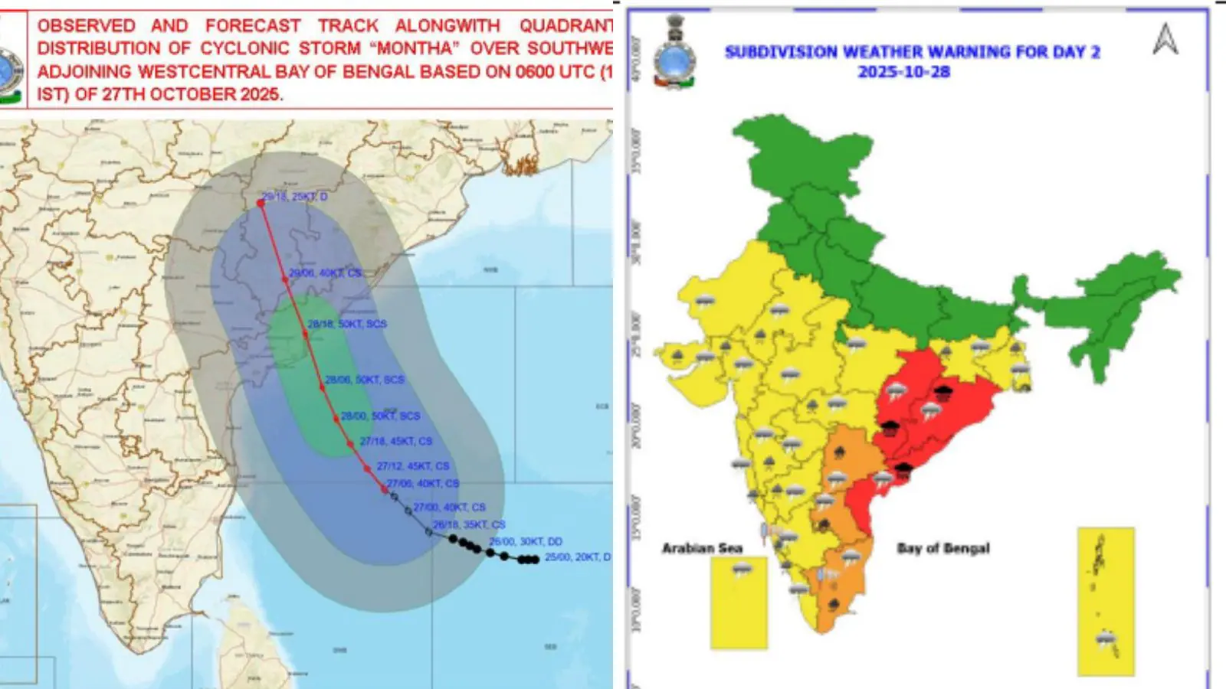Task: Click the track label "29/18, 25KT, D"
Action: click(x=295, y=197)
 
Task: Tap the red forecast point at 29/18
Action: click(x=261, y=203)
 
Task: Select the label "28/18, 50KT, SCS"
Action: click(x=347, y=324)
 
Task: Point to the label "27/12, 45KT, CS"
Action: click(x=413, y=465)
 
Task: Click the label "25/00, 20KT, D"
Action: click(x=578, y=557)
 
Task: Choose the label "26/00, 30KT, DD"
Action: click(x=526, y=541)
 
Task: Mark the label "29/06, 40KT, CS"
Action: click(x=325, y=273)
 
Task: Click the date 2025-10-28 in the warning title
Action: click(x=904, y=72)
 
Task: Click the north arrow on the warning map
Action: click(x=1165, y=39)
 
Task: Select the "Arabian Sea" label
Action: click(x=702, y=548)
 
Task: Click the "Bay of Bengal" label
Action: click(x=943, y=548)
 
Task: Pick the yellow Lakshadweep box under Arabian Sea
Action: click(x=739, y=603)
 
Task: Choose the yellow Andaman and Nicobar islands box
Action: click(x=1106, y=601)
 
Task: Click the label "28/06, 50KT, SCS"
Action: click(x=365, y=380)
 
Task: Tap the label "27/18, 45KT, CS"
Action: click(x=396, y=441)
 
